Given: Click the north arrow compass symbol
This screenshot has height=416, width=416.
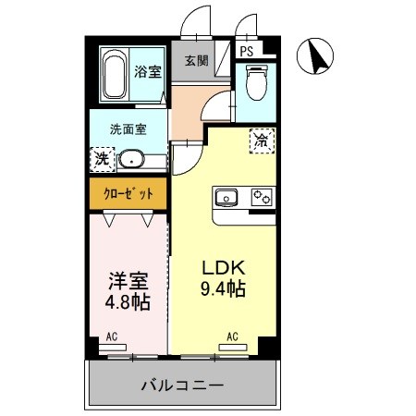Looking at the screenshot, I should (x=316, y=58).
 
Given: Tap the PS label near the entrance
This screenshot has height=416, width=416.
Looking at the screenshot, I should (x=248, y=53).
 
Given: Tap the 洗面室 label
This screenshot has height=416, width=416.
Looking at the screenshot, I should (x=127, y=128).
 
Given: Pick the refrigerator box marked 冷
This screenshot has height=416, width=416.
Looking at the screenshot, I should (x=262, y=141).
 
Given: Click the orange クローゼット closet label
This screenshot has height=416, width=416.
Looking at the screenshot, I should (x=128, y=193).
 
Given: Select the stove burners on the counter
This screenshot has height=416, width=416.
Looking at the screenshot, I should (x=263, y=196).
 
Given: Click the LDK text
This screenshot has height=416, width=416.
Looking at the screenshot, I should (x=223, y=265).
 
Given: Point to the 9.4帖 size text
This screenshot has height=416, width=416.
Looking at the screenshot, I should (x=224, y=289).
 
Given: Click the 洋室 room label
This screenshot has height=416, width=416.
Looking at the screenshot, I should (x=128, y=278).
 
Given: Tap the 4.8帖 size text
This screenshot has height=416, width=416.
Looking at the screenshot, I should (x=128, y=301).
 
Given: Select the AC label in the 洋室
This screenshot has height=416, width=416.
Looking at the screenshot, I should (x=112, y=336).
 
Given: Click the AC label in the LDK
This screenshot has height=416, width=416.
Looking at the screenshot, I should (x=233, y=336).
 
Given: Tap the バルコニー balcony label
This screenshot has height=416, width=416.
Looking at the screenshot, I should (x=183, y=384).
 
